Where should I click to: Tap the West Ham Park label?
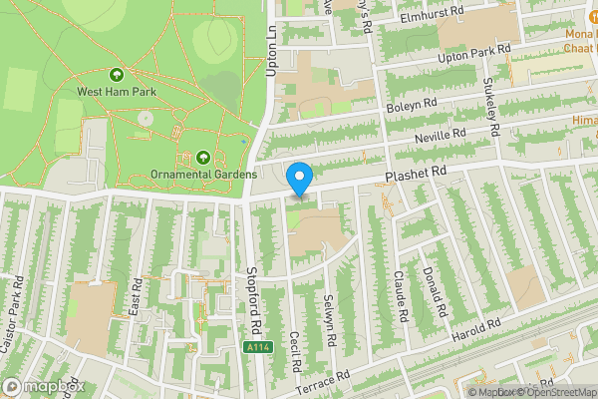coord(117,91)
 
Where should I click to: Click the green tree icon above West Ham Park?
coord(117,74)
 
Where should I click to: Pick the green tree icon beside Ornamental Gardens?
coord(203,158)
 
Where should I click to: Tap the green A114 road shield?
coord(256,347)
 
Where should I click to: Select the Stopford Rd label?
coord(254,299)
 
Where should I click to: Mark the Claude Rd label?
coord(401,296)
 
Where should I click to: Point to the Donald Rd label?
coord(432,286)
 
